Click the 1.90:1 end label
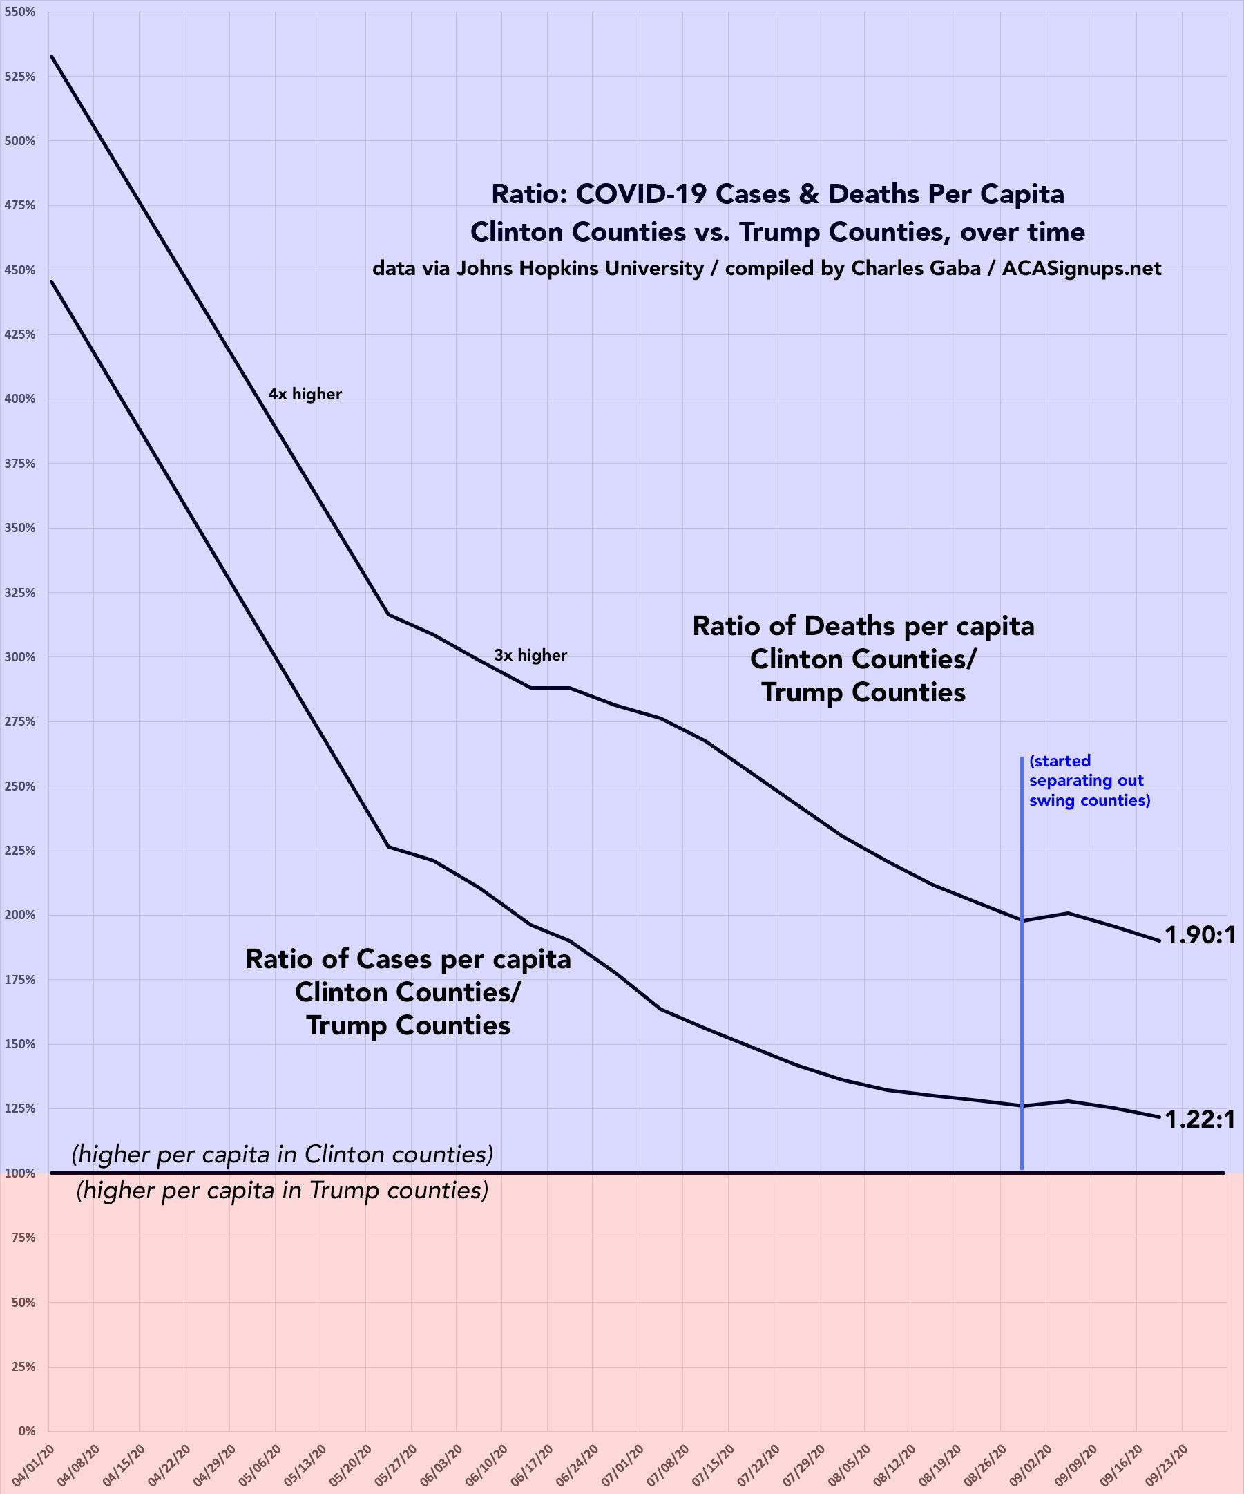pyautogui.click(x=1200, y=936)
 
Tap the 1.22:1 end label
pyautogui.click(x=1200, y=1121)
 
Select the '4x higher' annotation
pyautogui.click(x=305, y=394)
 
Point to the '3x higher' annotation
pyautogui.click(x=530, y=655)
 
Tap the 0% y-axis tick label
pyautogui.click(x=26, y=1430)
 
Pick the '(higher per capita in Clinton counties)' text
pyautogui.click(x=284, y=1154)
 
